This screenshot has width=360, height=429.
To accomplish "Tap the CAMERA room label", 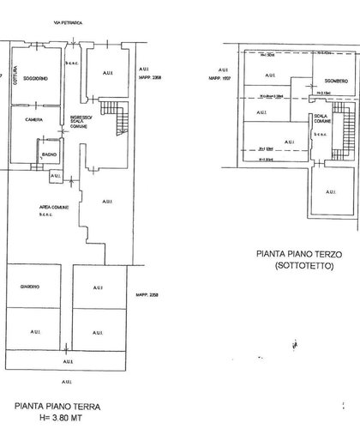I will pyautogui.click(x=34, y=119).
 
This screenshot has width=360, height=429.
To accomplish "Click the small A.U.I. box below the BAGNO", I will pyautogui.click(x=56, y=176).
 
